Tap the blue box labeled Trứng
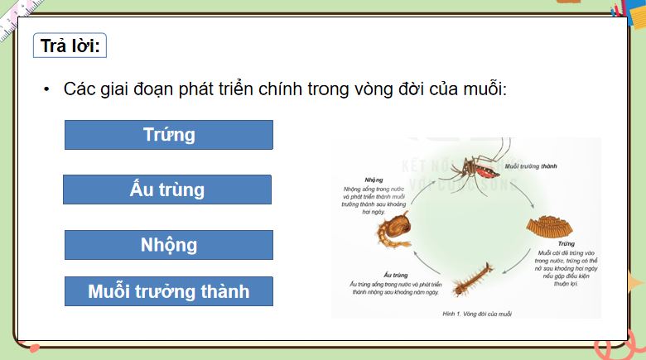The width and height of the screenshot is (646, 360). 168,135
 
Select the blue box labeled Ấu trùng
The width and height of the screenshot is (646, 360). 166,190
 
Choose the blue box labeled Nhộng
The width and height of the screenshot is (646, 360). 168,245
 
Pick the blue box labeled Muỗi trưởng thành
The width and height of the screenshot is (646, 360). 168,291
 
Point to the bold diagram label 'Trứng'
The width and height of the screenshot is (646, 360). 542,244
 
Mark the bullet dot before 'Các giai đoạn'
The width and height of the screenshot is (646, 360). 47,89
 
